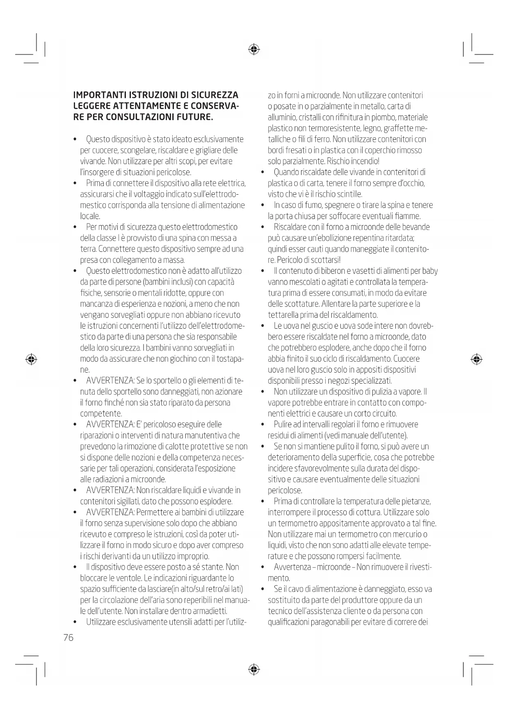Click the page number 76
(x=68, y=637)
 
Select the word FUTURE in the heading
(x=195, y=117)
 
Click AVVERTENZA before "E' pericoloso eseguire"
(x=110, y=424)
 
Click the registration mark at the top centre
(x=254, y=50)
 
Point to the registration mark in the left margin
(x=31, y=359)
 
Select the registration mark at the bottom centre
(x=254, y=669)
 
